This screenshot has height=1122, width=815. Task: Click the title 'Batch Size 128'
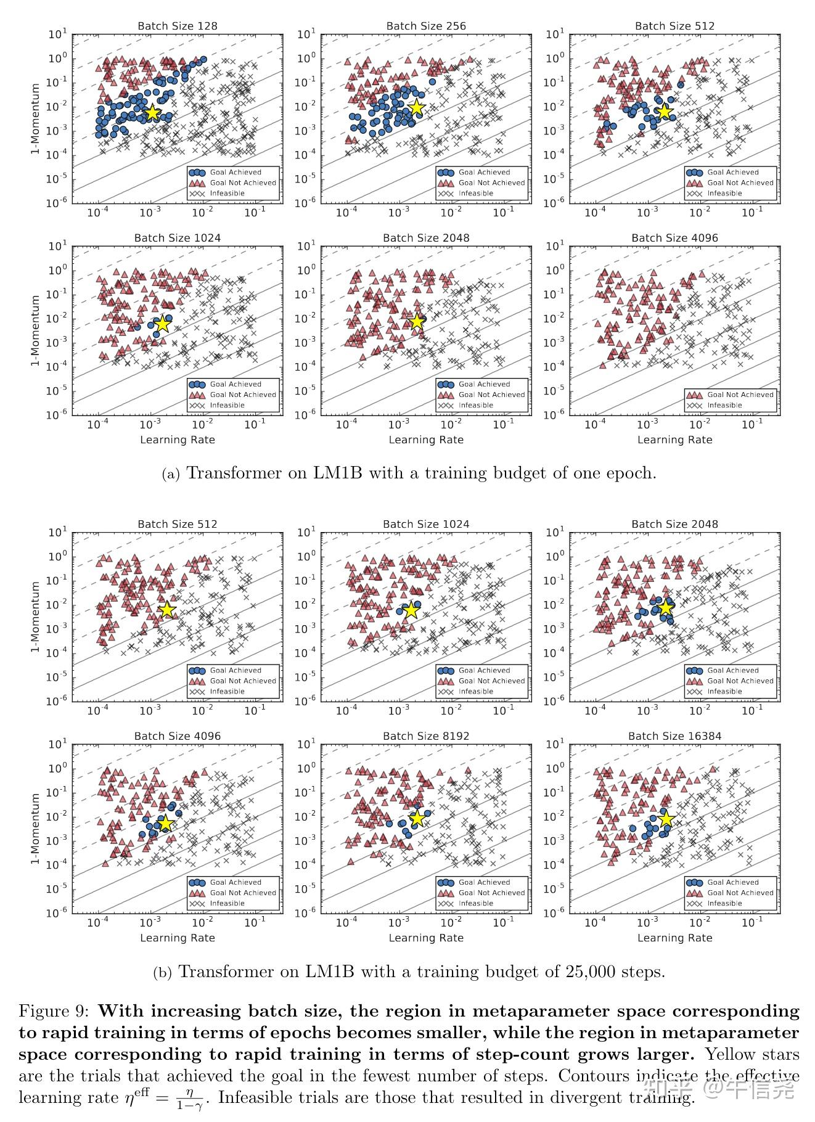[x=177, y=26]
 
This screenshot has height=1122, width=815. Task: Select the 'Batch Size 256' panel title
[x=426, y=26]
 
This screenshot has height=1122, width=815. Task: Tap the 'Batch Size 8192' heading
[x=426, y=736]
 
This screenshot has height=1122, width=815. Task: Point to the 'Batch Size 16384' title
[x=674, y=736]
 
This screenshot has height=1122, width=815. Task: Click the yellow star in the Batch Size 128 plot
[x=152, y=113]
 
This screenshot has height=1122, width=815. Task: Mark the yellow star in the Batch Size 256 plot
[x=417, y=108]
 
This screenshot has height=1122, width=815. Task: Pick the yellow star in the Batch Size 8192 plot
[x=417, y=818]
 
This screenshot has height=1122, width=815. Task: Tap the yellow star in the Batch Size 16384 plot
[x=666, y=819]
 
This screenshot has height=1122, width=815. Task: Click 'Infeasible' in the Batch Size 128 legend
[x=227, y=194]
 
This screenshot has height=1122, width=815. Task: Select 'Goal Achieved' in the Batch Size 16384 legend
[x=733, y=882]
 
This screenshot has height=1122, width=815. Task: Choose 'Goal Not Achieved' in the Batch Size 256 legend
[x=491, y=183]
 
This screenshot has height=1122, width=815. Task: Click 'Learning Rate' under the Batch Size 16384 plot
[x=674, y=938]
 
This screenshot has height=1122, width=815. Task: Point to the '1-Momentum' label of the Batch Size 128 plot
[x=36, y=119]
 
